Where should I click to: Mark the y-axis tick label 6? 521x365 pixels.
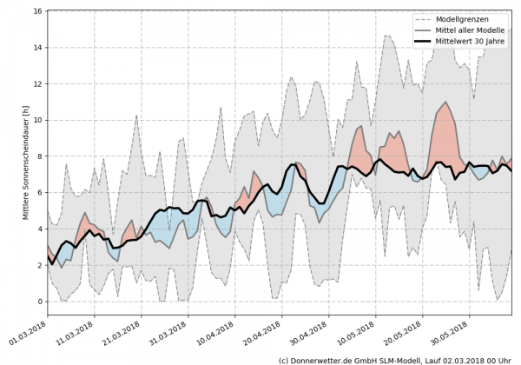40,193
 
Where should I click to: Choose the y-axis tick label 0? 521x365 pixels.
40,302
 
